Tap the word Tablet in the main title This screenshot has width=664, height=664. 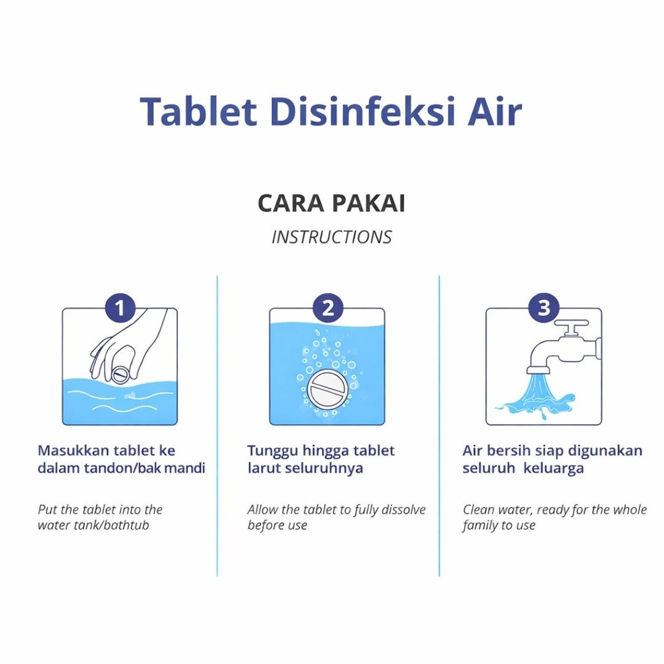(x=199, y=111)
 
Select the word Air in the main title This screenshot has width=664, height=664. (x=494, y=111)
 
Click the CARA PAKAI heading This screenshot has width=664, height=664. (x=331, y=204)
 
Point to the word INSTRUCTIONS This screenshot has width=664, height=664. (x=331, y=237)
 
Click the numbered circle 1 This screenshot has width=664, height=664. (x=121, y=308)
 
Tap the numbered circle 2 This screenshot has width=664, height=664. (x=328, y=308)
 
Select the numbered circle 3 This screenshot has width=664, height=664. (x=544, y=308)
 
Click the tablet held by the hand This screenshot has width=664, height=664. (x=120, y=374)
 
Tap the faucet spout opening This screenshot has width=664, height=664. (x=538, y=370)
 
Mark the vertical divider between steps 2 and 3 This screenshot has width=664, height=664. (x=439, y=425)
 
